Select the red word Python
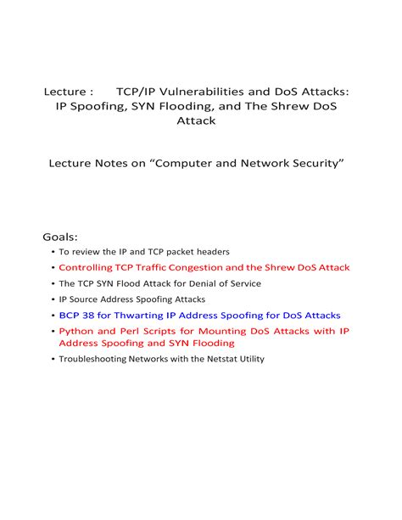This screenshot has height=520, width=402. (75, 331)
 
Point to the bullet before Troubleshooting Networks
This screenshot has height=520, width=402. (53, 360)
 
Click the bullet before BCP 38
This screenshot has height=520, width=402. (53, 316)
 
